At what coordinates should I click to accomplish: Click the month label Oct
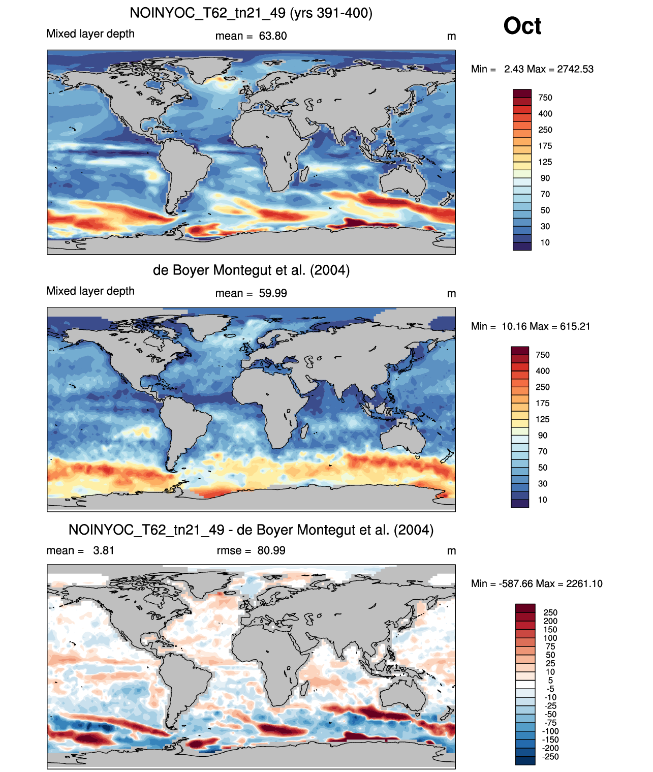(522, 26)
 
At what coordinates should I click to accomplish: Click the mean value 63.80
(272, 36)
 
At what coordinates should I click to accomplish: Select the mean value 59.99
(272, 294)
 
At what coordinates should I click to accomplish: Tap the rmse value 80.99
(271, 551)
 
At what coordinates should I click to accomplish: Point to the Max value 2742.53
(575, 69)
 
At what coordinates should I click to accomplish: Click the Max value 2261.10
(584, 584)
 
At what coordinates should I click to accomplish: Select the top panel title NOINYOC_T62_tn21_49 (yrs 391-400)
(251, 13)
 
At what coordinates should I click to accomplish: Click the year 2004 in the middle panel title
(330, 270)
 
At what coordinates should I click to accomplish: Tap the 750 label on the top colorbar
(545, 98)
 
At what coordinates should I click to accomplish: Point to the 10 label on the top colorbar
(545, 243)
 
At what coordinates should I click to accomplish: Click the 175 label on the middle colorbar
(542, 404)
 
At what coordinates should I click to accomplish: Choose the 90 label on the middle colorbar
(542, 436)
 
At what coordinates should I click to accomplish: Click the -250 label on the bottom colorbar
(550, 757)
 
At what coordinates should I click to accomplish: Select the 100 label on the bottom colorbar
(550, 638)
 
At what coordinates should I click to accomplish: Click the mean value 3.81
(104, 551)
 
